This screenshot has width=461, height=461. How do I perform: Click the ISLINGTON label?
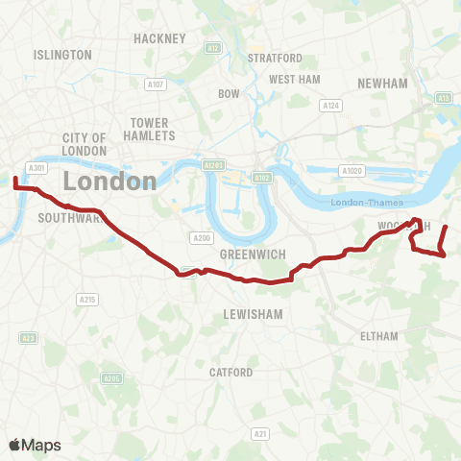tap(62, 55)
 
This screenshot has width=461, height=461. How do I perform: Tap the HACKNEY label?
tap(159, 38)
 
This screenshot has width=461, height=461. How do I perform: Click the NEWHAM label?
tap(382, 84)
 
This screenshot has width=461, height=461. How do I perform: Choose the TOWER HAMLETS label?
tap(149, 130)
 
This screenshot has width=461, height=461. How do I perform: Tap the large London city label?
tap(110, 181)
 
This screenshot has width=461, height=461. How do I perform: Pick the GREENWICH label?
tap(248, 255)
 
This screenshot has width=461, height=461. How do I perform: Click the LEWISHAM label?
tap(251, 314)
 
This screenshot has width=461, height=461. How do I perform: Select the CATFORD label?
tap(230, 372)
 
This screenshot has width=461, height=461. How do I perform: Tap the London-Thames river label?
tap(368, 202)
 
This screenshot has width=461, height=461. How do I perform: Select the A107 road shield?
tap(156, 85)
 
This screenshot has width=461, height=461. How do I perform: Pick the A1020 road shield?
tap(352, 170)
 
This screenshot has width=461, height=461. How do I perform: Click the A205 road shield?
tap(112, 378)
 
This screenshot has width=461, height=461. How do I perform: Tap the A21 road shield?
tap(260, 435)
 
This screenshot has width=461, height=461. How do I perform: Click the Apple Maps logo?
tap(35, 445)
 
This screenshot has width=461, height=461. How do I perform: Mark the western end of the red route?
tap(15, 178)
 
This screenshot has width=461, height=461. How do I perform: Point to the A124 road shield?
tap(331, 105)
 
